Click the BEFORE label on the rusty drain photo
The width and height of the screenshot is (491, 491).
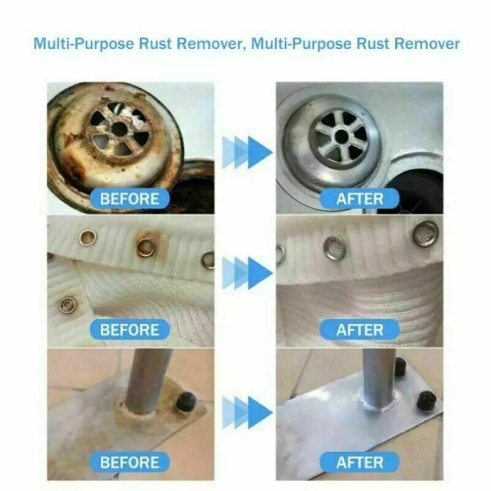(x=130, y=199)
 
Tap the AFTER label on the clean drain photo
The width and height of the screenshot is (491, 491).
(x=359, y=199)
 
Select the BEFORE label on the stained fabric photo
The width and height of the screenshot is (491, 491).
(x=130, y=329)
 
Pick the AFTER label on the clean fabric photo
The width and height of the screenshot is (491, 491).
(x=359, y=330)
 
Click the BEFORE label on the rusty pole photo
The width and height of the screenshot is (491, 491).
(x=130, y=462)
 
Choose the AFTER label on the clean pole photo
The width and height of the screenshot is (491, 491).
(x=359, y=462)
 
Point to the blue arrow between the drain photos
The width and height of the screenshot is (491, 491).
(x=247, y=152)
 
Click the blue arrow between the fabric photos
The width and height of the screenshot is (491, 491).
(x=247, y=273)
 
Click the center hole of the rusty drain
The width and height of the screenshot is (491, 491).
(x=119, y=129)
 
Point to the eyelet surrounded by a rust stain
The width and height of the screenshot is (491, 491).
(x=146, y=247)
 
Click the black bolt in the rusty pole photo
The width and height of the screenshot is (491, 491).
(x=186, y=402)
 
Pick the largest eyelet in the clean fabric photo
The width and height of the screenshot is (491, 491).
(x=425, y=234)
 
